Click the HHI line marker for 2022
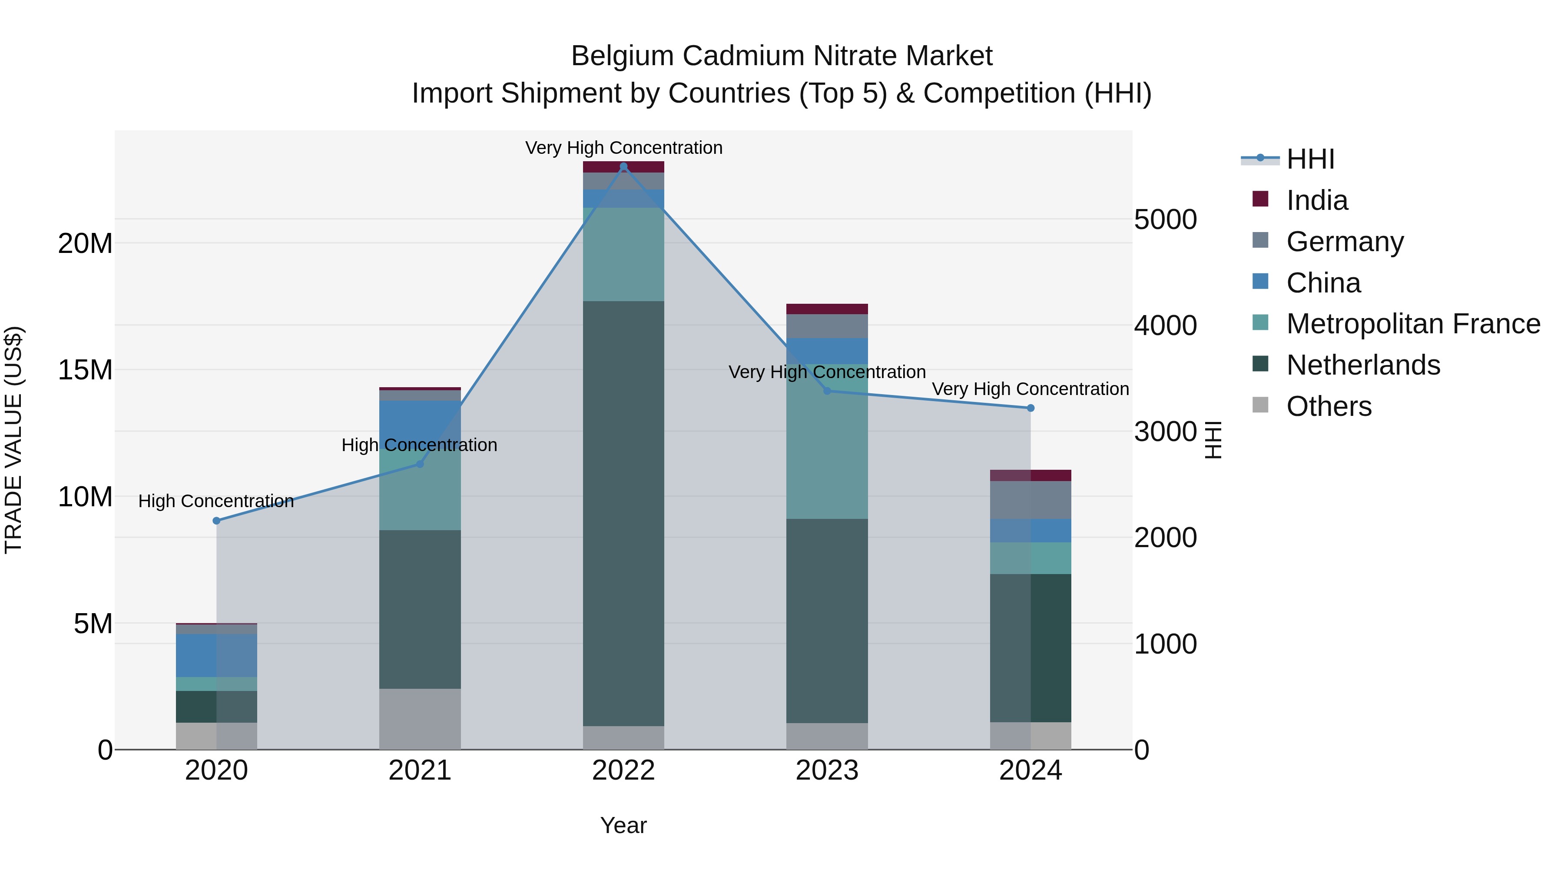pos(623,166)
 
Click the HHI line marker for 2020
pos(216,521)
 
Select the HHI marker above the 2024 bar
pos(1031,408)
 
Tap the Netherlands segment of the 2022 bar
pos(623,513)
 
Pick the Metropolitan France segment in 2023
pos(826,442)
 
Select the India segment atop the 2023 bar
pos(826,309)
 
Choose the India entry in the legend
pos(1316,200)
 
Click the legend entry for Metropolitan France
pos(1413,324)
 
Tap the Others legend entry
pos(1329,406)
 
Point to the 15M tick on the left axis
pos(85,370)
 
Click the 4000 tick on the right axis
pos(1165,325)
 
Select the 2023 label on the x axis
pos(826,770)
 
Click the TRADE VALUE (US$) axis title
pos(13,440)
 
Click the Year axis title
pos(623,825)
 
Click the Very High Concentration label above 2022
pos(623,148)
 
